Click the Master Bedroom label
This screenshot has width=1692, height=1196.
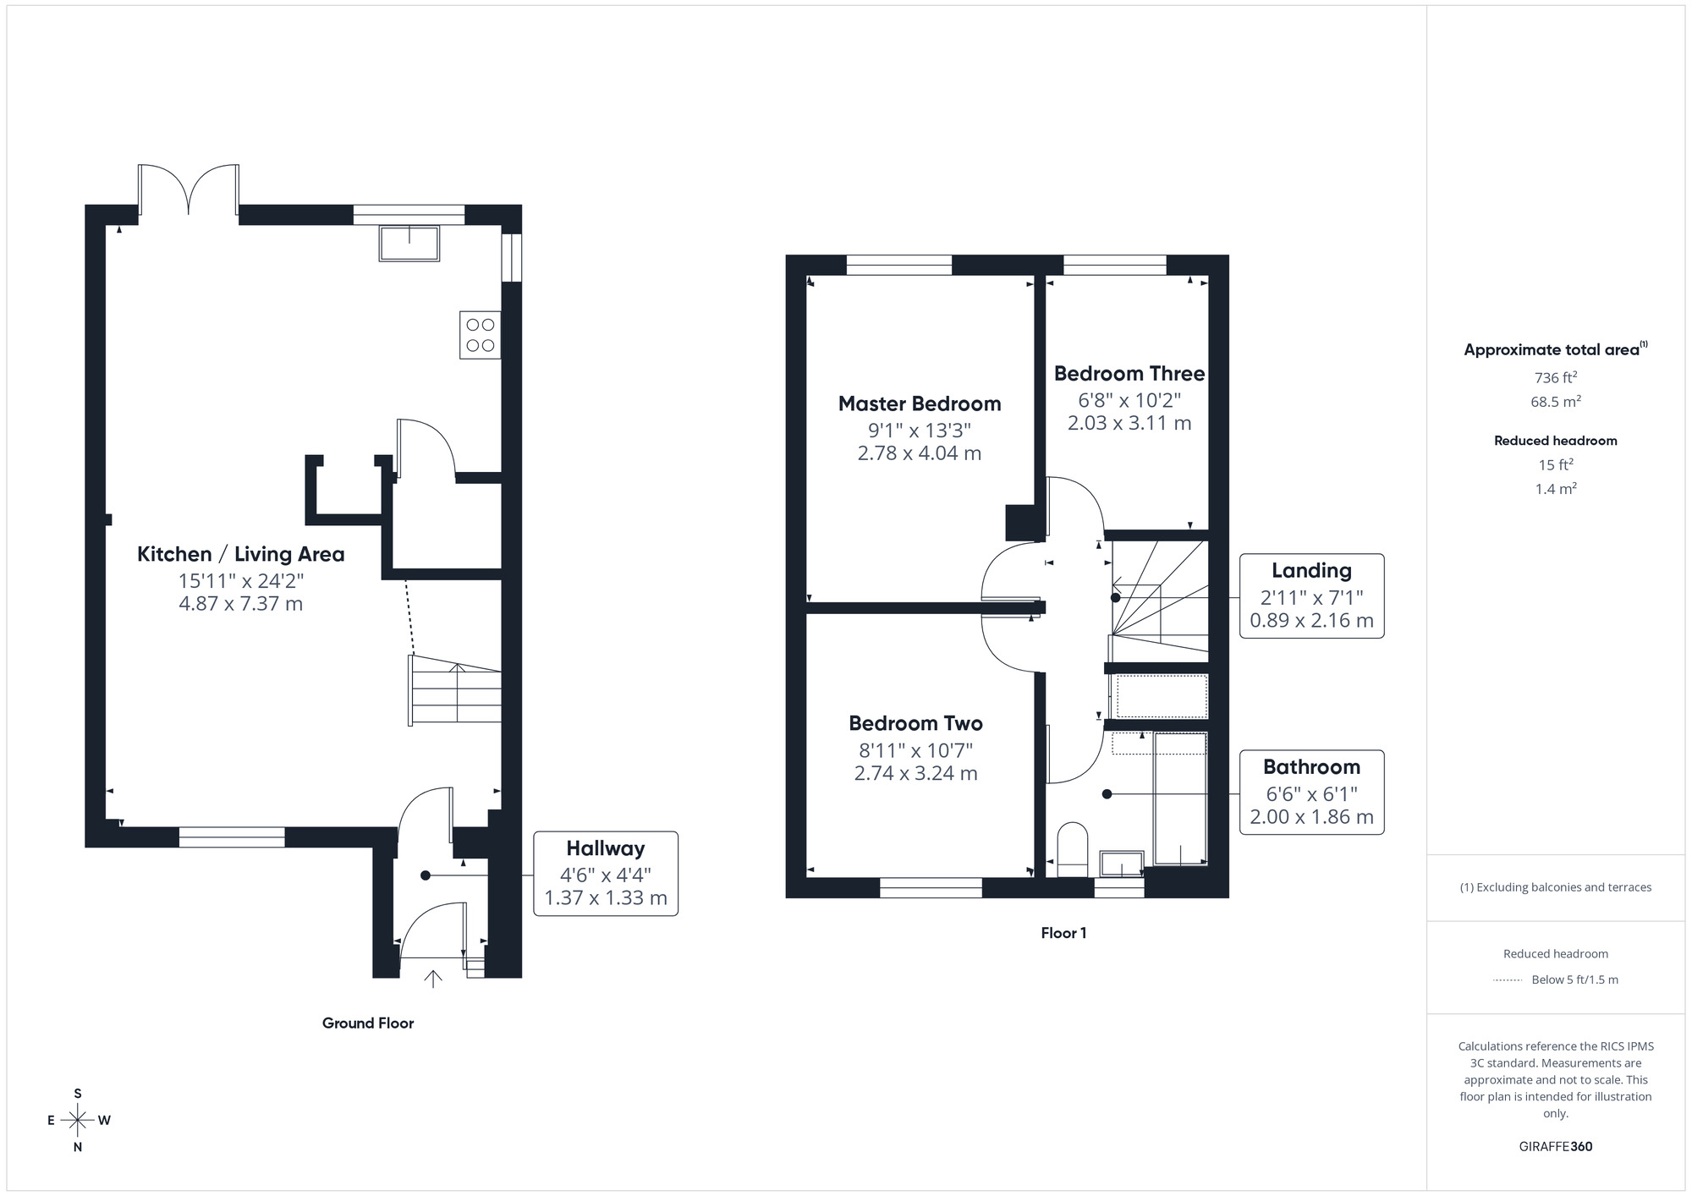click(x=920, y=403)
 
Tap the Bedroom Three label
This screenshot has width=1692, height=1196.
click(x=1129, y=373)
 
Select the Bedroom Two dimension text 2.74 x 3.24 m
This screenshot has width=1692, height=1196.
click(x=916, y=773)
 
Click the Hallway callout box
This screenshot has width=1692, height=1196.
click(x=606, y=873)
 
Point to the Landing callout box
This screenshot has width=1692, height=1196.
click(x=1311, y=595)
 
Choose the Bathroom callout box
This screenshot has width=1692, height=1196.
click(x=1311, y=792)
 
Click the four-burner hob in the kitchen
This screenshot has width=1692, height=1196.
click(x=481, y=335)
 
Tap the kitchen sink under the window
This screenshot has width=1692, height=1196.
click(x=409, y=244)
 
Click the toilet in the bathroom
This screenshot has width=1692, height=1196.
click(x=1073, y=849)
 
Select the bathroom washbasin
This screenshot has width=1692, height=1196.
click(x=1122, y=864)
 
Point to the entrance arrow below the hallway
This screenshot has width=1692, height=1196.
click(x=433, y=979)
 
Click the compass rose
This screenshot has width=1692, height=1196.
click(x=78, y=1121)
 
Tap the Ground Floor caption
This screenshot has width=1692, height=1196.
click(x=368, y=1023)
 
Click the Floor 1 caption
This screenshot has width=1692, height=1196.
click(x=1063, y=933)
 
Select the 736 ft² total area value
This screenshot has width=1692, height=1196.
click(x=1555, y=377)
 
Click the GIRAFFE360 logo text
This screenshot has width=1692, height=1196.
click(x=1555, y=1146)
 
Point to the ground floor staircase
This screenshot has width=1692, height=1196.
click(x=456, y=693)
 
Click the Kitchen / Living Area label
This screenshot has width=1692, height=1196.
click(x=241, y=554)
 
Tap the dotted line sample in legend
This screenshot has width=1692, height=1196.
click(x=1508, y=979)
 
